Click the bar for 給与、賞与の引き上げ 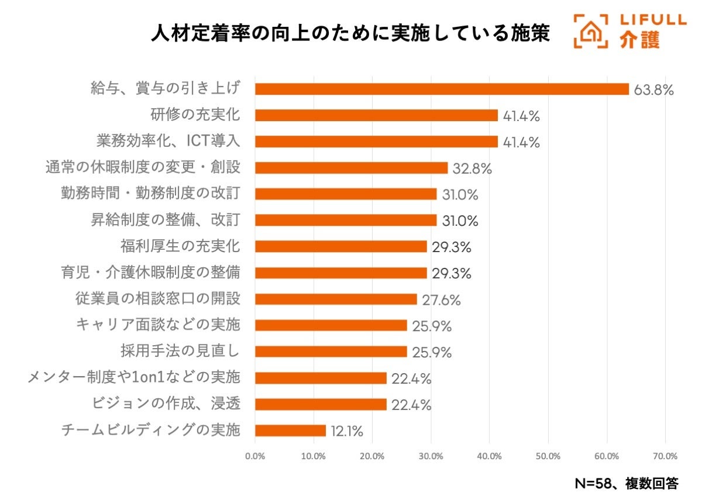click(x=442, y=89)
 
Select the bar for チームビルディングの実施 click(x=290, y=430)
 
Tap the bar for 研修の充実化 click(x=376, y=115)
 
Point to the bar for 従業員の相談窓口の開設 click(x=336, y=299)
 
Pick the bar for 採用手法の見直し click(x=331, y=352)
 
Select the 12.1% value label click(x=346, y=432)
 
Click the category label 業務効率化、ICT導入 click(x=168, y=141)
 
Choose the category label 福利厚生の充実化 click(x=180, y=246)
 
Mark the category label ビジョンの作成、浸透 click(x=166, y=404)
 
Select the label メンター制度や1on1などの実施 click(x=134, y=377)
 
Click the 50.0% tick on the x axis click(x=548, y=456)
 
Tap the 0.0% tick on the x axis click(x=255, y=456)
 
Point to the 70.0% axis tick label click(x=665, y=456)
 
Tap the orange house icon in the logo click(x=590, y=31)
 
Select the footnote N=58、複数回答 click(x=627, y=483)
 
